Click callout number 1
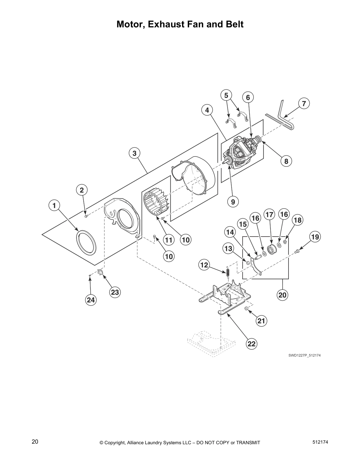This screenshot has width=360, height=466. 54,205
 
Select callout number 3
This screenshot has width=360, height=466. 134,153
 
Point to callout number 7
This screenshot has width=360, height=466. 304,103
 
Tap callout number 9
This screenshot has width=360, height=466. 233,202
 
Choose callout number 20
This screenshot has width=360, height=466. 282,294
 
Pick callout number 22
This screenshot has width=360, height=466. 252,344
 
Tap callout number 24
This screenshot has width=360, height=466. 91,300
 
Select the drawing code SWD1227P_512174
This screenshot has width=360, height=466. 304,355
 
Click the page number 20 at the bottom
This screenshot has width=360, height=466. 35,442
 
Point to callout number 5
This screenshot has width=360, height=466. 226,95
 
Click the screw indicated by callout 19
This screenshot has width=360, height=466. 297,251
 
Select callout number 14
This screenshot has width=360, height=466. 230,232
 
